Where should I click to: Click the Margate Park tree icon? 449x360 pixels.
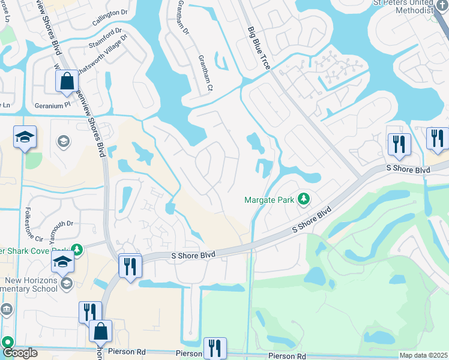click(304, 199)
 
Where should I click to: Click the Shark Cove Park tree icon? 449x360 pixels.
click(76, 249)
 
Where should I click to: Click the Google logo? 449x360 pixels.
click(19, 353)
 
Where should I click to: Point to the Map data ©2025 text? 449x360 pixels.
click(423, 355)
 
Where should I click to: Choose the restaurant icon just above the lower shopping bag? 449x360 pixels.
click(90, 312)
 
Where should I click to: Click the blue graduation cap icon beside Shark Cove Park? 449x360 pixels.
click(62, 262)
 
